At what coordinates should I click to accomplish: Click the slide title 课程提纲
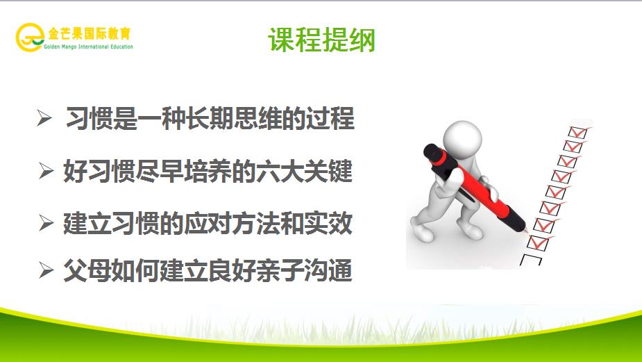[322, 40]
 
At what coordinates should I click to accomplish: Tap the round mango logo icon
[30, 37]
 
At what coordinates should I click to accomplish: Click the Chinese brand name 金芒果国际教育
[90, 33]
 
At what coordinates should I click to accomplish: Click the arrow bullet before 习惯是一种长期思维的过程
[44, 119]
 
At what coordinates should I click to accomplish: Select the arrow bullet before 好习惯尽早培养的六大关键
[46, 171]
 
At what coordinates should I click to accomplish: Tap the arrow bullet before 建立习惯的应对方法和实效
[46, 223]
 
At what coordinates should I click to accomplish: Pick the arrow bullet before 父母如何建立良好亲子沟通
[46, 270]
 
